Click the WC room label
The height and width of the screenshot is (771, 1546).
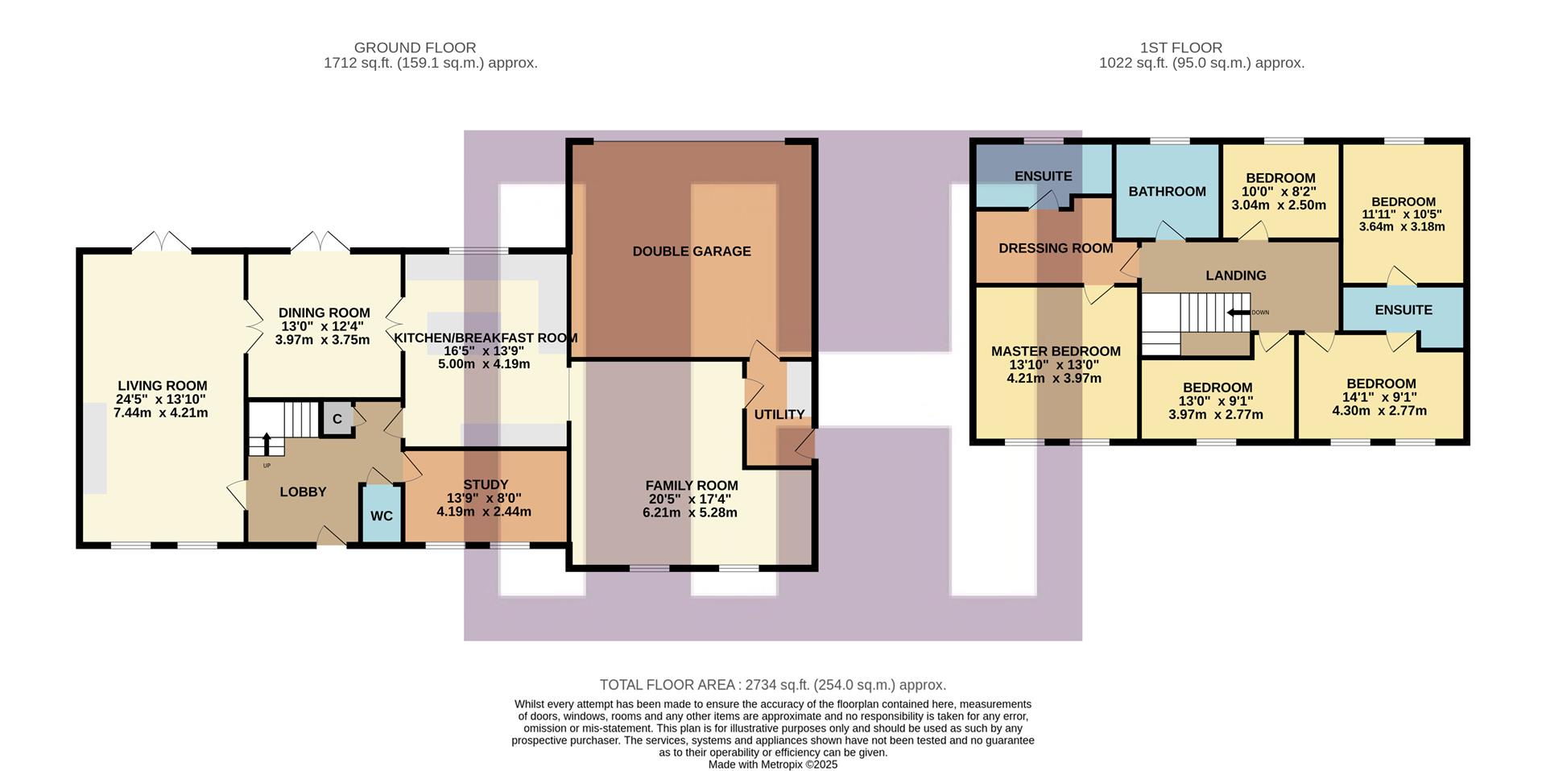[381, 516]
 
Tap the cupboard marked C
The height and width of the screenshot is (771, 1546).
[337, 419]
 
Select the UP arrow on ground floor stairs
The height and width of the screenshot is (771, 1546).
[267, 444]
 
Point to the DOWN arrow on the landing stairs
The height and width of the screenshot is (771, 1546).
[1238, 313]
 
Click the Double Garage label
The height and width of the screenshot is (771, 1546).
[691, 251]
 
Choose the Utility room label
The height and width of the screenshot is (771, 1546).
[779, 414]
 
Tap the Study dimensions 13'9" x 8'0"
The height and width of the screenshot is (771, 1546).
[484, 498]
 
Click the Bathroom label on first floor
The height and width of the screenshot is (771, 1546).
[1167, 192]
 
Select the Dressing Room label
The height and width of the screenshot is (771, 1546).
[1055, 248]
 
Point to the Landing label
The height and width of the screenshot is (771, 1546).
[1235, 276]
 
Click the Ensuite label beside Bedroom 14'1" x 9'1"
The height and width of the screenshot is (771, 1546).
[1403, 310]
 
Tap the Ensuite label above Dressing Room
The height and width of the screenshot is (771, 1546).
[1043, 176]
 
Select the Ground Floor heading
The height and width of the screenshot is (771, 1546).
[415, 48]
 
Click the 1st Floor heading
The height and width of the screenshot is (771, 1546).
[1180, 48]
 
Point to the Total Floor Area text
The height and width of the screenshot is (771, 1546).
[772, 685]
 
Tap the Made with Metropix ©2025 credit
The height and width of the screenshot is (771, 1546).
[772, 765]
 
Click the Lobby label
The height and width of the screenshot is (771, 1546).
[303, 491]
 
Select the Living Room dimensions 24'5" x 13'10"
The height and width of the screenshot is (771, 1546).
[161, 400]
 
